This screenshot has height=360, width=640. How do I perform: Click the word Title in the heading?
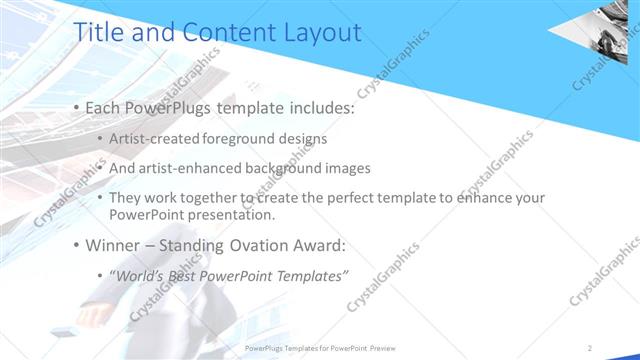tap(99, 32)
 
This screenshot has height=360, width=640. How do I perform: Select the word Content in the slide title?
tap(222, 32)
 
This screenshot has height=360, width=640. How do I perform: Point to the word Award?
tap(323, 244)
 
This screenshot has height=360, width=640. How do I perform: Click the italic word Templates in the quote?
tap(309, 275)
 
